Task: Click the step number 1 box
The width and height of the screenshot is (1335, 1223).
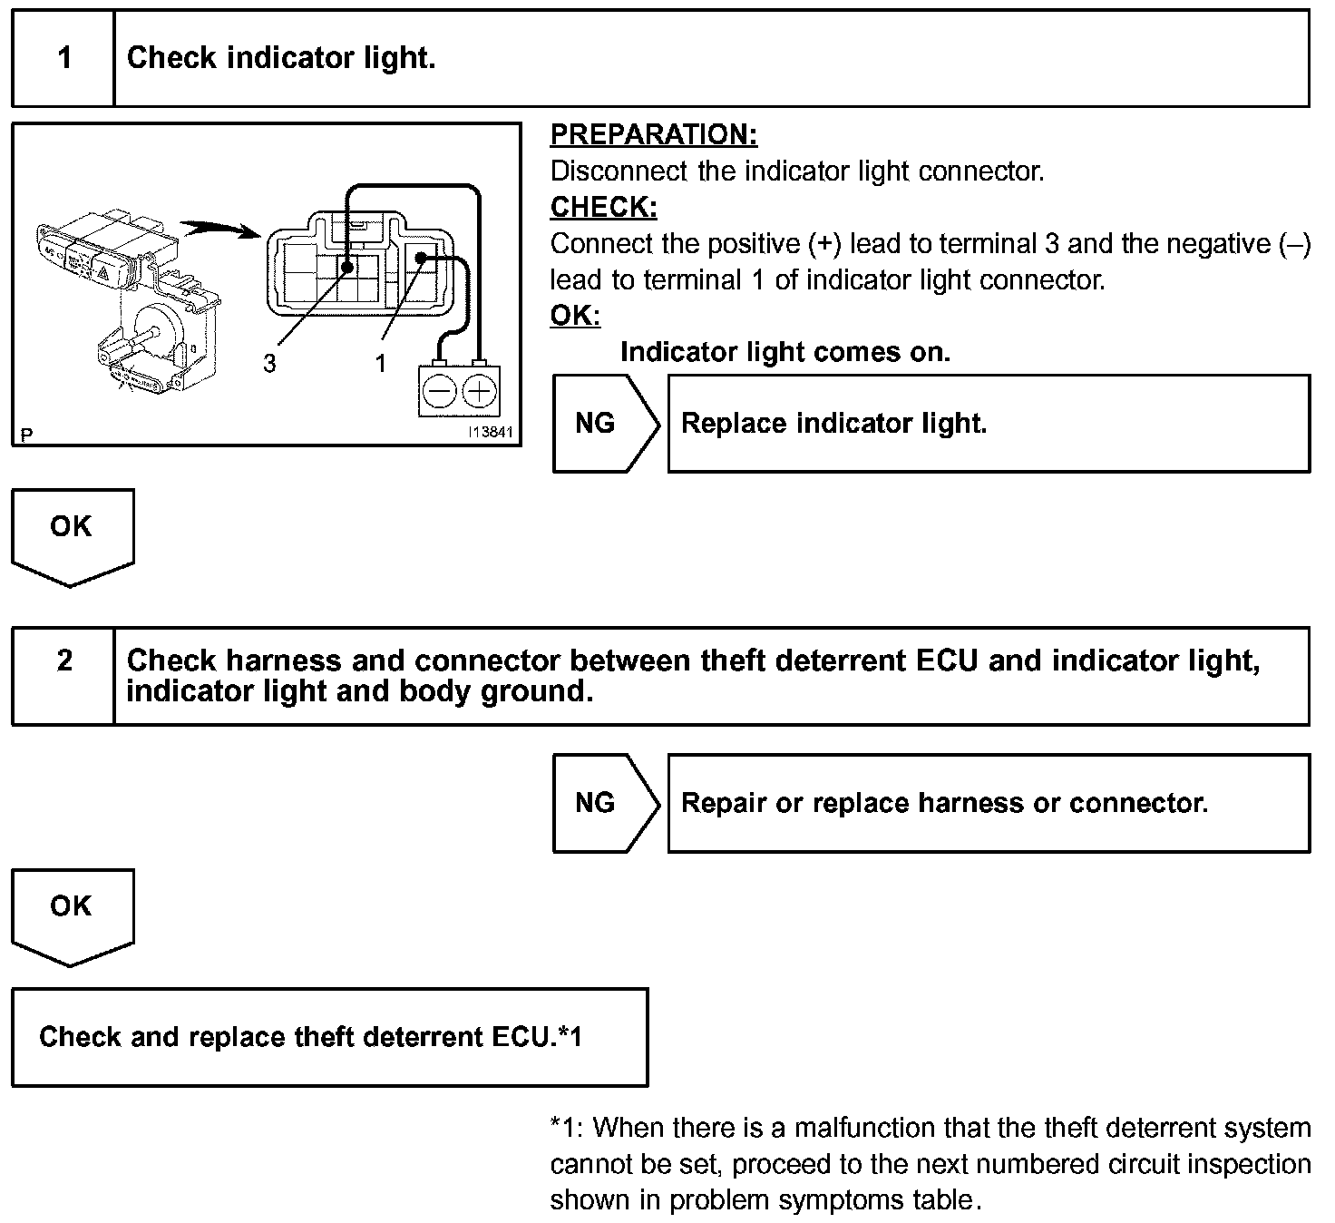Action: click(x=63, y=59)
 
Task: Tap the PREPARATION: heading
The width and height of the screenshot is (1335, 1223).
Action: click(x=653, y=135)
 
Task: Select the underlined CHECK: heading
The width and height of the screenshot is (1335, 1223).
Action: click(x=603, y=208)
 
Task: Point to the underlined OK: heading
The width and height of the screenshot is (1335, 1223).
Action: click(x=575, y=316)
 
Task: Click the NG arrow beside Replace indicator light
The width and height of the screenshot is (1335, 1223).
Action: click(x=604, y=424)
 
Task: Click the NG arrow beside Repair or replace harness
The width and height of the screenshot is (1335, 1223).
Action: click(x=604, y=803)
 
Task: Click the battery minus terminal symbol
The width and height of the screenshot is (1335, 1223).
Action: click(x=440, y=392)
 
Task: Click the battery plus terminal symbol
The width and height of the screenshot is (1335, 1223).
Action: click(x=478, y=392)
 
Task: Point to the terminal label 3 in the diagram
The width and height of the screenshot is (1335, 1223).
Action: click(x=269, y=364)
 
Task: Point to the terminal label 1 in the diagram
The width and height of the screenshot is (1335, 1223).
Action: click(x=381, y=364)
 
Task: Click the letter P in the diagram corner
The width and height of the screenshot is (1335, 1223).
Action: click(x=26, y=435)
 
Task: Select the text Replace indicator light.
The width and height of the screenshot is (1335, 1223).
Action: click(x=833, y=424)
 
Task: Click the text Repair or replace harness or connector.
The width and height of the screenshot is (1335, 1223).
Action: click(x=944, y=803)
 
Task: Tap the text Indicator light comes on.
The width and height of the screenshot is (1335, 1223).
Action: click(x=784, y=352)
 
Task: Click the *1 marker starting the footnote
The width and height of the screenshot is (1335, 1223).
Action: click(x=562, y=1129)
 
